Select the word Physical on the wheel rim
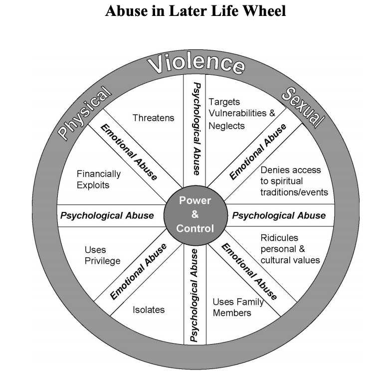(x=84, y=112)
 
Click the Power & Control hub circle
(x=195, y=215)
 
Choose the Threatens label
(x=154, y=118)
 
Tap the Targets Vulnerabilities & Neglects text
(x=241, y=114)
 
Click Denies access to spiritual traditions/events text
(x=290, y=181)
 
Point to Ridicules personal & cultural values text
(x=290, y=248)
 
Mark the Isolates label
(x=149, y=310)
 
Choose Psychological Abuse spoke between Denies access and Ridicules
(x=279, y=216)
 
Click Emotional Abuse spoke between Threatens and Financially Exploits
(x=129, y=152)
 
